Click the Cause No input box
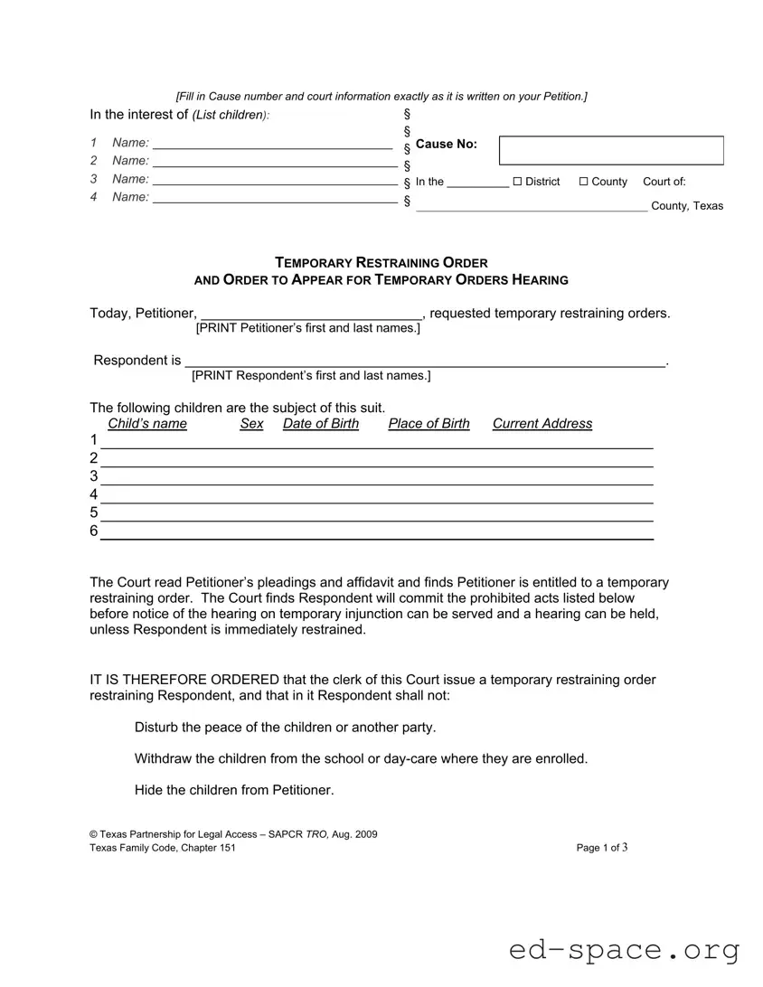pos(611,150)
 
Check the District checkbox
pos(518,182)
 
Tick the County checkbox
pos(583,182)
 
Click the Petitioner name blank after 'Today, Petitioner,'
pos(310,314)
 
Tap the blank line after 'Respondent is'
pos(425,361)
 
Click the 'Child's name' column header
pos(147,424)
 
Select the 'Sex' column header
pos(251,424)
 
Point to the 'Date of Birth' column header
pos(320,424)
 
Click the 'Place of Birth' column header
pos(429,424)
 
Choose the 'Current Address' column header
pos(542,424)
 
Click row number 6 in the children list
pos(94,531)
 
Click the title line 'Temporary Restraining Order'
pos(381,263)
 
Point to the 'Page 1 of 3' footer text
pos(601,848)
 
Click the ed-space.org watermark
pos(624,950)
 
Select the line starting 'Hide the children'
pos(234,790)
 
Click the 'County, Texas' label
pos(687,206)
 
